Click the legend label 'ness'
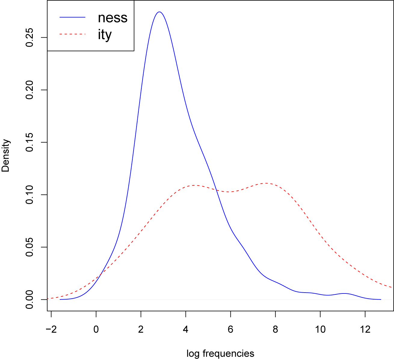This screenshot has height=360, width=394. pos(112,18)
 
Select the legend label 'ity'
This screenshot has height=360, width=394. pos(105,35)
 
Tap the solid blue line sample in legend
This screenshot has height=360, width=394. pos(72,17)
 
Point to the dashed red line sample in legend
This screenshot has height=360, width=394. pos(72,34)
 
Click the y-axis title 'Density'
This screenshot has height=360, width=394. pos(6,155)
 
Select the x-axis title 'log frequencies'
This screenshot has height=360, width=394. pos(220,353)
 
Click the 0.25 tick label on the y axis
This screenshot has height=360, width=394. pos(30,38)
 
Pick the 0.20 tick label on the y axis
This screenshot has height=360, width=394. pos(30,90)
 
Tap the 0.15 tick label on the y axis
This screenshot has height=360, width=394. pos(30,142)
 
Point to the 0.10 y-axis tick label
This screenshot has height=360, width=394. pos(30,195)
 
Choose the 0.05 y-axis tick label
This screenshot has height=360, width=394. pos(30,247)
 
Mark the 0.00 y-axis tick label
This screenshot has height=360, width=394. pos(30,299)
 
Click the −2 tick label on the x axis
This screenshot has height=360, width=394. pos(51,330)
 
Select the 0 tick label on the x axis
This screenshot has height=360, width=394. pos(96,330)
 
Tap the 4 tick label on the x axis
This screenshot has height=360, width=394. pos(186,330)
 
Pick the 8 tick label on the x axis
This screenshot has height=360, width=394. pos(275,330)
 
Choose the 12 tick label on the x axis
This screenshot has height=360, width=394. pos(365,330)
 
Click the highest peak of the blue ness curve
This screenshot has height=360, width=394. pos(159,12)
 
